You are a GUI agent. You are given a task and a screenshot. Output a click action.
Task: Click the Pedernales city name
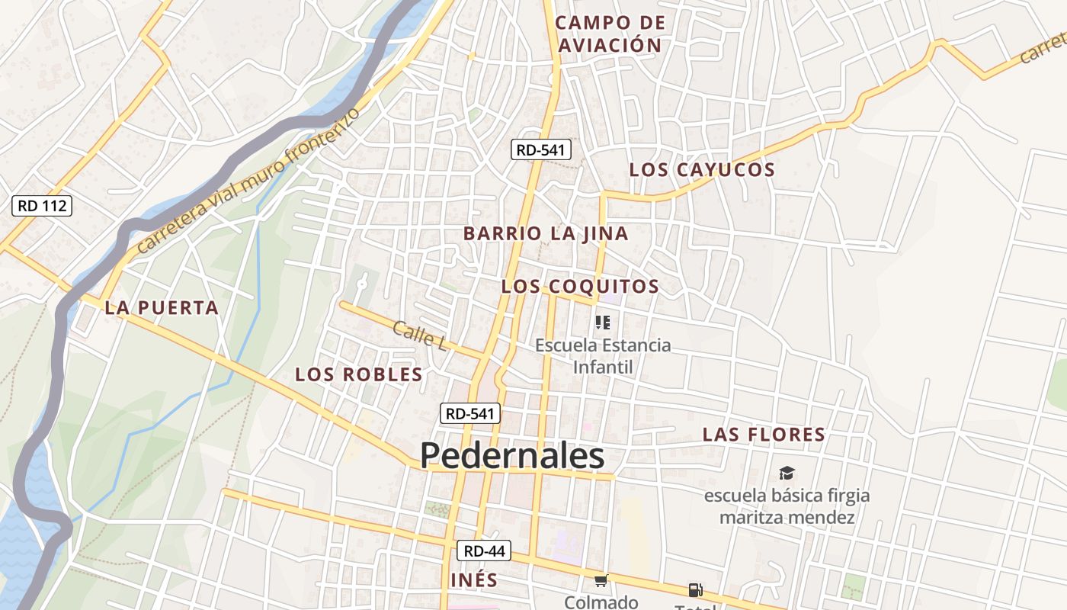[512, 456]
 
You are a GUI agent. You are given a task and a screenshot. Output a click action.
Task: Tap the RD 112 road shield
[43, 205]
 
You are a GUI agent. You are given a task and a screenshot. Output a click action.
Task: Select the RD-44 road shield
[485, 551]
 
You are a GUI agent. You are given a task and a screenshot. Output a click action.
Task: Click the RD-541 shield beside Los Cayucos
[540, 149]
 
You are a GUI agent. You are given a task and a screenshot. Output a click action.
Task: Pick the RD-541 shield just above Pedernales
[470, 413]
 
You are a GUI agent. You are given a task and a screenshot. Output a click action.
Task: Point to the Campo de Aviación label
[610, 34]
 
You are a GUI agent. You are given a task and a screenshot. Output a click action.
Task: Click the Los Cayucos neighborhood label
[702, 169]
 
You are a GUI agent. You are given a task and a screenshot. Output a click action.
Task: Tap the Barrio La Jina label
[546, 233]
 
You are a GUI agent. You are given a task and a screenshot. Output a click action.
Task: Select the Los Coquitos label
[580, 287]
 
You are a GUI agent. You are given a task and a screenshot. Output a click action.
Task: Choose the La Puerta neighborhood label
[162, 308]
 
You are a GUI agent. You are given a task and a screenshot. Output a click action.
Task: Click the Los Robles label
[358, 374]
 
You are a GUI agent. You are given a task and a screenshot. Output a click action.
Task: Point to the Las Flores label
[764, 435]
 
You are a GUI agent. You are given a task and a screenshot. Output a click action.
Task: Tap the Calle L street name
[419, 335]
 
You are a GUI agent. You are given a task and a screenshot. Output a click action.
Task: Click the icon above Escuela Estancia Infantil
[603, 323]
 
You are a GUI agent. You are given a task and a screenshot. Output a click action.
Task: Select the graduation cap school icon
[787, 474]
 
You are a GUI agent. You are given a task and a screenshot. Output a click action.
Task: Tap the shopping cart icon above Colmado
[601, 581]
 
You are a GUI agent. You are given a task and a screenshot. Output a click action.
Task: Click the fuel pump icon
[695, 589]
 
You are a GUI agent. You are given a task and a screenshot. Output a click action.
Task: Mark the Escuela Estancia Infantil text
[603, 355]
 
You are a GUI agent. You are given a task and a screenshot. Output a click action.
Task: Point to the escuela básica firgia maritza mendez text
[787, 506]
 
